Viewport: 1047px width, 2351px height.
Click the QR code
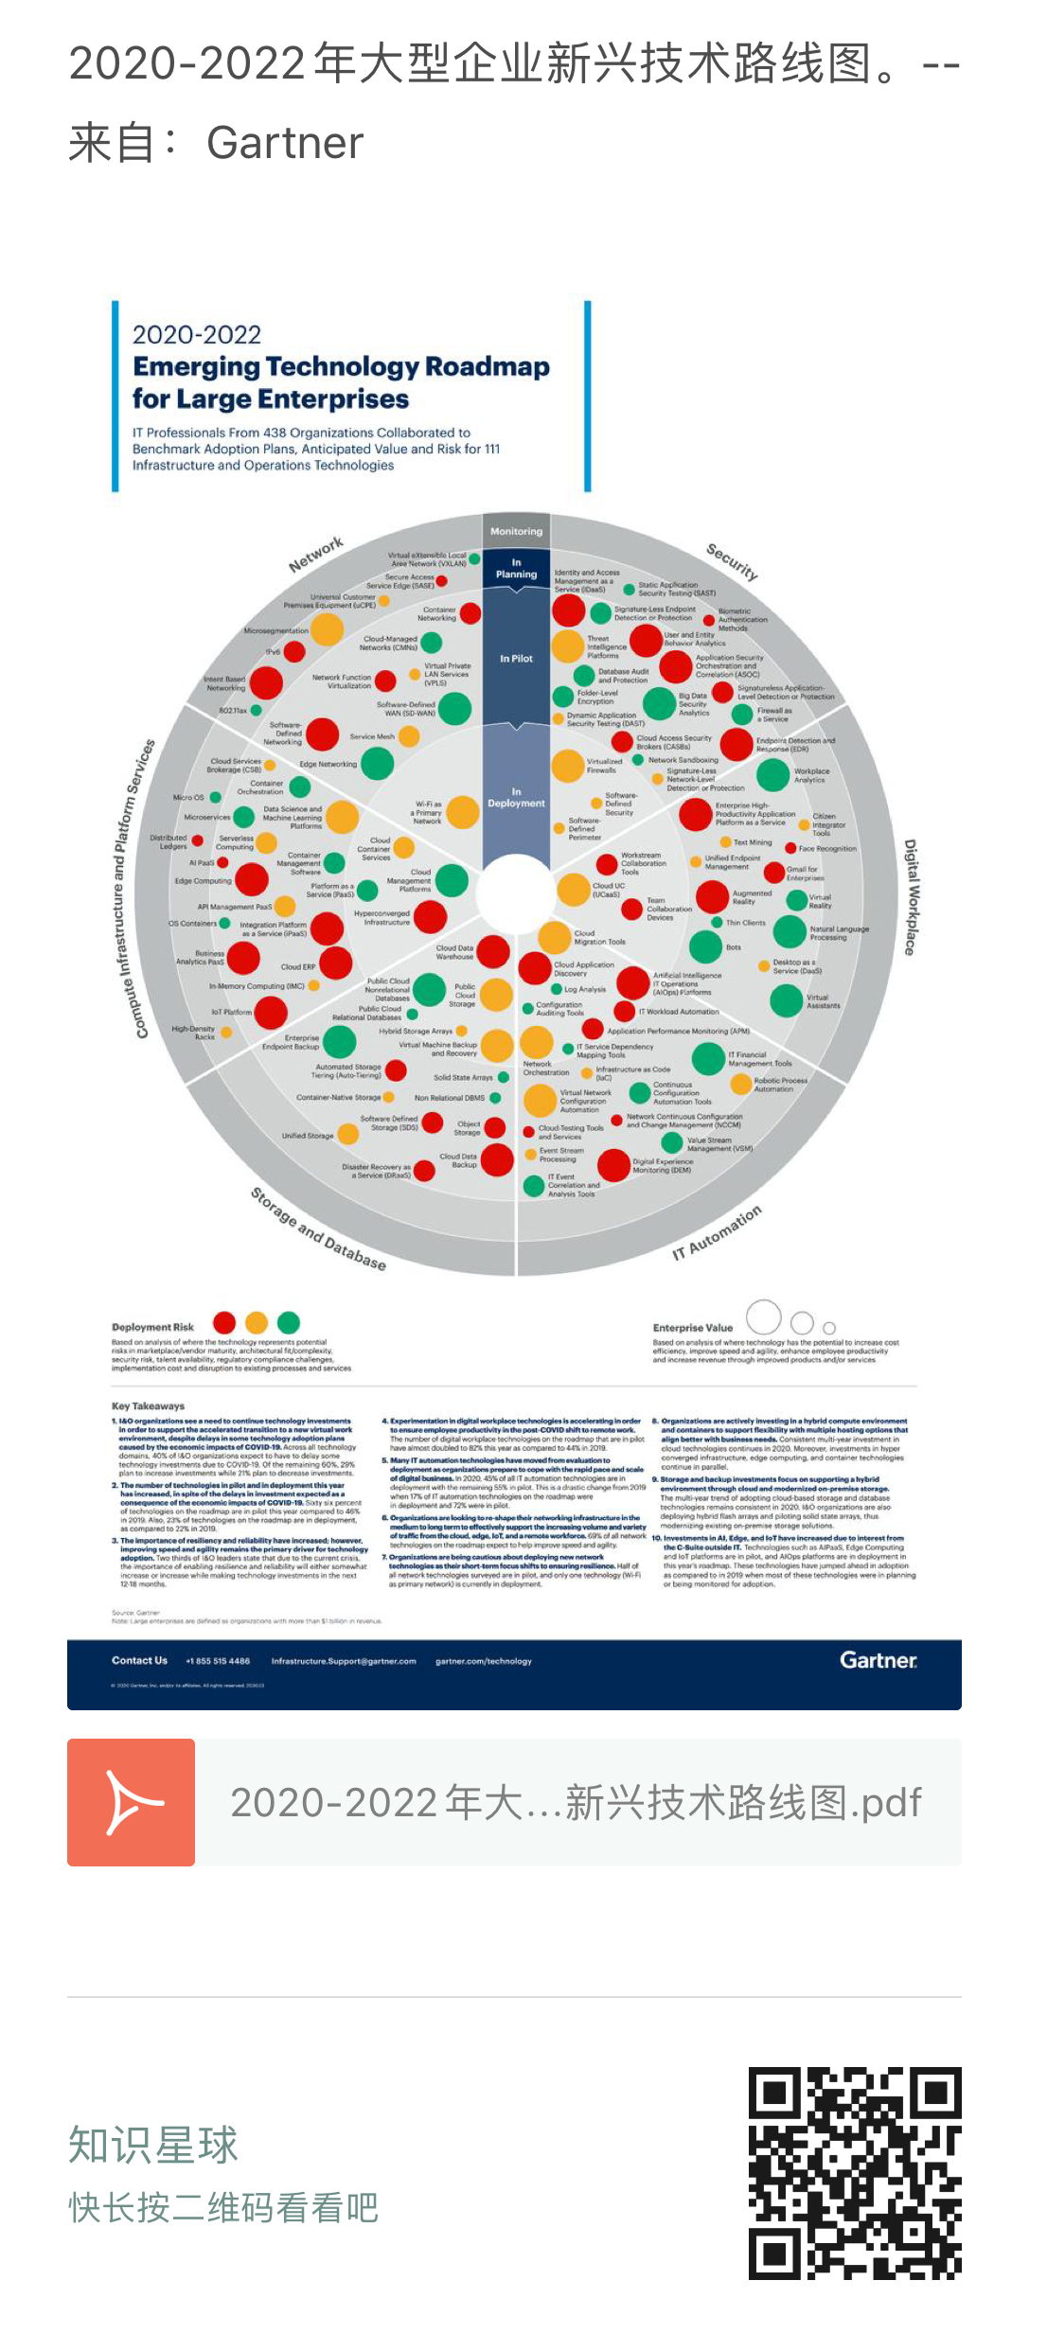coord(855,2173)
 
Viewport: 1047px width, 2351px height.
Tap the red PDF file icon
coord(131,1802)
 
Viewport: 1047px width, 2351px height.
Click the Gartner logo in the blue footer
coord(878,1660)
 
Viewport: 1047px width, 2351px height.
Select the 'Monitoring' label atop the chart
coord(516,532)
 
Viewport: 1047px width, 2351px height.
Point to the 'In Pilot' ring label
coord(516,659)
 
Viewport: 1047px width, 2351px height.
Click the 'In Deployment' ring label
coord(516,798)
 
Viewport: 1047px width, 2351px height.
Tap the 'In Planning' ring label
coord(516,569)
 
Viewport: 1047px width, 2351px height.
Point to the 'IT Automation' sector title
coord(717,1233)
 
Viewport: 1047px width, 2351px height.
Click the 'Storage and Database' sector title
coord(318,1229)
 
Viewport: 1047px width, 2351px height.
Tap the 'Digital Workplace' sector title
coord(911,896)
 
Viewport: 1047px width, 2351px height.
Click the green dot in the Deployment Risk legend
coord(289,1322)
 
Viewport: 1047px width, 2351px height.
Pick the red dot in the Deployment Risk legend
coord(224,1322)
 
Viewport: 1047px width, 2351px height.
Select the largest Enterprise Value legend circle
coord(764,1317)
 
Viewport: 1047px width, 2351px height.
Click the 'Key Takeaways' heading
coord(148,1405)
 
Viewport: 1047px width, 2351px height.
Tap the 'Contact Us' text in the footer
coord(139,1660)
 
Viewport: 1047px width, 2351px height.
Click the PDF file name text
coord(576,1802)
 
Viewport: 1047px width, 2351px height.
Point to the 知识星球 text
coord(153,2145)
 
